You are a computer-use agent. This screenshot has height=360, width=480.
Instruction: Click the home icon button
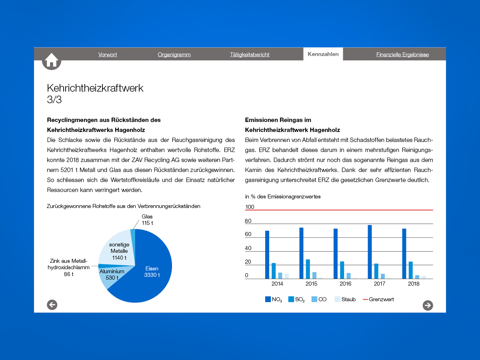pos(52,61)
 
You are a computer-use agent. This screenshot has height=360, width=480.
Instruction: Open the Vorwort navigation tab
pos(108,54)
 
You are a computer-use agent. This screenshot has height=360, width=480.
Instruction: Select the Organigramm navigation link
pos(174,54)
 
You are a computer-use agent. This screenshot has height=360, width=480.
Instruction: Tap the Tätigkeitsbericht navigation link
pos(250,54)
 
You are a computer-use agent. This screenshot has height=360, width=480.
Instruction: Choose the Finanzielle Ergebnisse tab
pos(402,54)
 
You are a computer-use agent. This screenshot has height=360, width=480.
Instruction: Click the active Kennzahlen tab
pos(323,54)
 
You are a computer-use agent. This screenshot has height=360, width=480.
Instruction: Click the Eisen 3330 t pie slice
pos(152,272)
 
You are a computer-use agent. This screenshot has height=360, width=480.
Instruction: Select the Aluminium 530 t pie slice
pos(112,274)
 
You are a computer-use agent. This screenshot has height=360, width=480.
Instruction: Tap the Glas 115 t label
pos(147,220)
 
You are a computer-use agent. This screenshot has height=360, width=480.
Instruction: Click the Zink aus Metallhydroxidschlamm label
pos(69,268)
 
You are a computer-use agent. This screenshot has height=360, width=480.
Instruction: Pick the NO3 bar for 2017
pos(370,252)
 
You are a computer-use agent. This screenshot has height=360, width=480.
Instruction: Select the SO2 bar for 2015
pos(308,269)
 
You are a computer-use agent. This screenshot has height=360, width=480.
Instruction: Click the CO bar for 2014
pos(280,276)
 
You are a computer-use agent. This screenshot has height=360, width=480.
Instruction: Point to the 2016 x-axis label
pos(346,284)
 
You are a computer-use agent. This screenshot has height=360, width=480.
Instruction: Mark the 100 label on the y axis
pos(250,207)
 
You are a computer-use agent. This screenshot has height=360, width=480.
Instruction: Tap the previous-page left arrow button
pos(52,305)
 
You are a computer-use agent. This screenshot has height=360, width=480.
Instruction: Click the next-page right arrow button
pos(428,305)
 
